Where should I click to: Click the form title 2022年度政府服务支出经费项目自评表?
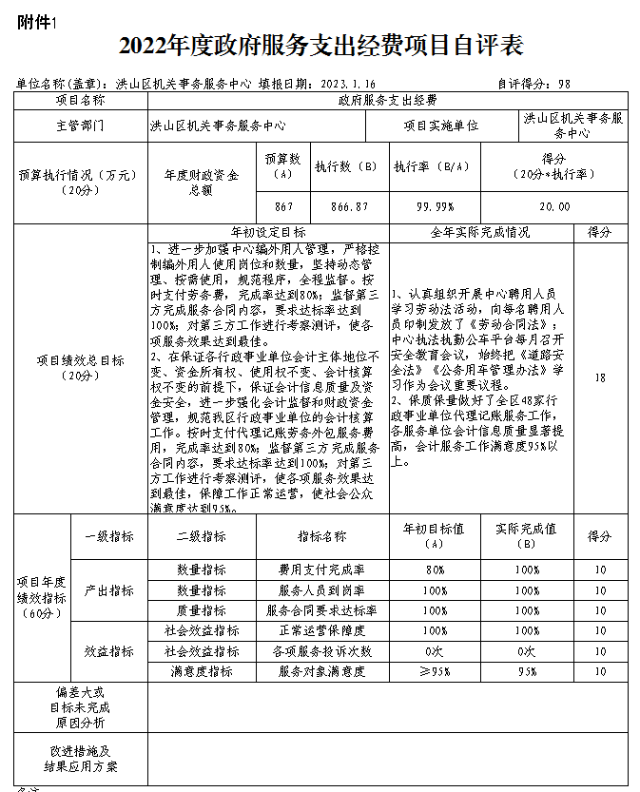[x=321, y=46]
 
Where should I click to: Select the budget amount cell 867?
[x=282, y=206]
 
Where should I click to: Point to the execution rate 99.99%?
[x=434, y=206]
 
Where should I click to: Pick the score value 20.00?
[x=554, y=206]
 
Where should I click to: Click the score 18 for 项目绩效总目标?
[x=599, y=377]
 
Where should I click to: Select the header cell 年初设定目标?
[x=268, y=232]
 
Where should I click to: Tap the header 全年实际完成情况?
[x=480, y=232]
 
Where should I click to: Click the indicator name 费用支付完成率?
[x=321, y=570]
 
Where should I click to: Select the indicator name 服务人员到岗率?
[x=321, y=589]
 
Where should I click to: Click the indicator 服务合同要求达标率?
[x=321, y=610]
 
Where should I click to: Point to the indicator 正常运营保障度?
[x=321, y=630]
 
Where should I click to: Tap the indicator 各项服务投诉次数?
[x=321, y=651]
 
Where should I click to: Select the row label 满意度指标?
[x=202, y=671]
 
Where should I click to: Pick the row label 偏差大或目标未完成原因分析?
[x=81, y=706]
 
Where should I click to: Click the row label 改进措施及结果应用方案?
[x=81, y=757]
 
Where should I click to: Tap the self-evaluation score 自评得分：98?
[x=533, y=83]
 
